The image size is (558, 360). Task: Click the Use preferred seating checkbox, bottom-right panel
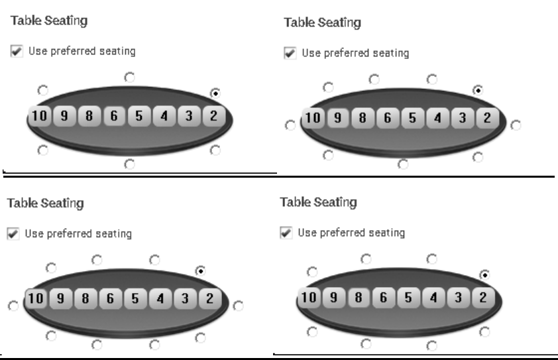pos(286,233)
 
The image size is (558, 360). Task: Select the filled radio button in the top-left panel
pos(215,92)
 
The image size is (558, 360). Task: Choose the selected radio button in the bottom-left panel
pos(200,270)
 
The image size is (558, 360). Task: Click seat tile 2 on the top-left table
pos(213,117)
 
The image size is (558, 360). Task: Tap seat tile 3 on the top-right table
pos(463,119)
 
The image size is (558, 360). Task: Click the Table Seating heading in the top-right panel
pos(322,23)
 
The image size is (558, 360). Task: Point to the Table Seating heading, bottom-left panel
pos(45,204)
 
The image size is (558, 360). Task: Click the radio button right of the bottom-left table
pos(239,306)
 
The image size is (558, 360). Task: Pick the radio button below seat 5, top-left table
pos(129,162)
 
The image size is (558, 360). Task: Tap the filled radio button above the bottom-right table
pos(484,273)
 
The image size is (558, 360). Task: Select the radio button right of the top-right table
pos(516,124)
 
